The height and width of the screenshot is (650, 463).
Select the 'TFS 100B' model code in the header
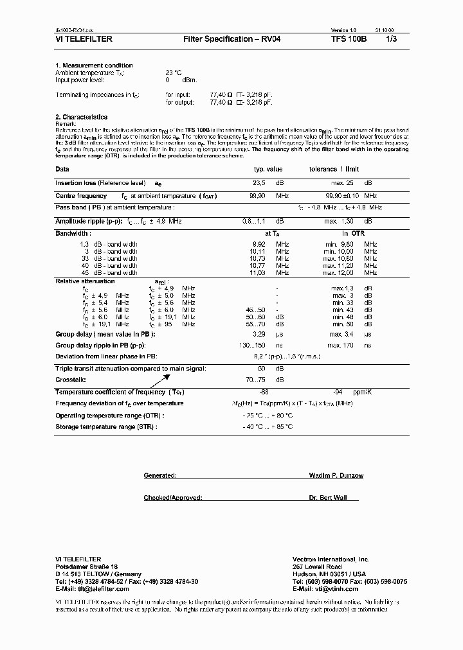click(x=349, y=39)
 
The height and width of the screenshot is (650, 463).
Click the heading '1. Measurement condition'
click(x=94, y=66)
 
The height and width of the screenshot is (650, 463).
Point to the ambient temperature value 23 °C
click(x=174, y=73)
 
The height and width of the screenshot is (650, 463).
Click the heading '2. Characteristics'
click(x=81, y=117)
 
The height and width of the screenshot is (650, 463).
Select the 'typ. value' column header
click(x=268, y=169)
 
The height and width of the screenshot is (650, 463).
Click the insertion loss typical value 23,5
click(x=259, y=183)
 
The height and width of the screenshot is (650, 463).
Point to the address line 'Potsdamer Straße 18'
click(x=86, y=567)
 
